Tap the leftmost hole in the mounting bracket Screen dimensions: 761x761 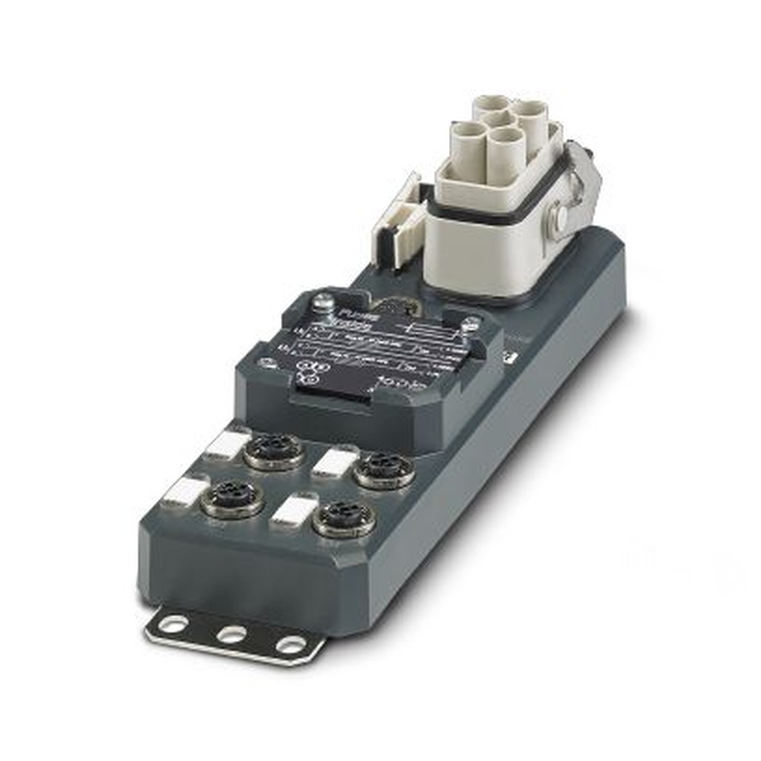click(x=174, y=623)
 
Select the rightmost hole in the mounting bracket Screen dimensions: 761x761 click(x=291, y=645)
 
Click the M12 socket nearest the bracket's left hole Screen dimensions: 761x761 click(x=232, y=498)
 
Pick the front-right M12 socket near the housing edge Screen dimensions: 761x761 click(x=344, y=518)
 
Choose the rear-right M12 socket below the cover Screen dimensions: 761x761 click(x=385, y=470)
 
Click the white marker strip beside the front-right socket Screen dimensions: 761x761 click(x=294, y=511)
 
